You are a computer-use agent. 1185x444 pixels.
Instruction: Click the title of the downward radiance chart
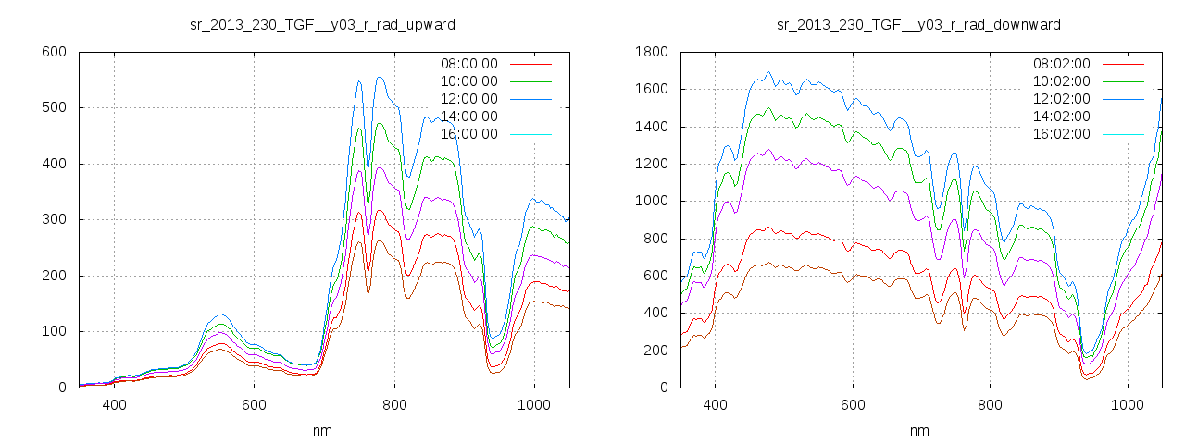[x=918, y=24]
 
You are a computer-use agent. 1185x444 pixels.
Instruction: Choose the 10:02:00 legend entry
[x=1061, y=81]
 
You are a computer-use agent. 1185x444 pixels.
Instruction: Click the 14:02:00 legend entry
[x=1061, y=117]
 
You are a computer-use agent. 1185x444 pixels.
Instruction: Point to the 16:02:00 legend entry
[x=1061, y=134]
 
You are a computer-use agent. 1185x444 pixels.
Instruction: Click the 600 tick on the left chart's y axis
[x=54, y=52]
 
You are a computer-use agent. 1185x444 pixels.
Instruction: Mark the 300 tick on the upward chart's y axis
[x=54, y=220]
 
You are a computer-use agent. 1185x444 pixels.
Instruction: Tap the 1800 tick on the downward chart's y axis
[x=650, y=52]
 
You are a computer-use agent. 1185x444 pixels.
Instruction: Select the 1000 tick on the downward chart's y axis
[x=650, y=202]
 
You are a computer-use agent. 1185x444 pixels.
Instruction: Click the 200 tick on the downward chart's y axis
[x=654, y=351]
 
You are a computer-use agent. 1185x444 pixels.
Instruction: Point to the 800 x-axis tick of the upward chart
[x=394, y=405]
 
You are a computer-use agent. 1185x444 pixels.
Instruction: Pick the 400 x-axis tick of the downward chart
[x=715, y=405]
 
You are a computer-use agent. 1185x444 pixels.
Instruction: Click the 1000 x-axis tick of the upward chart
[x=534, y=405]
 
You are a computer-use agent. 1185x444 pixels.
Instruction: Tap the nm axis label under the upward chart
[x=322, y=431]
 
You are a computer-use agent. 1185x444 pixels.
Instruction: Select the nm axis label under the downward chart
[x=918, y=431]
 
